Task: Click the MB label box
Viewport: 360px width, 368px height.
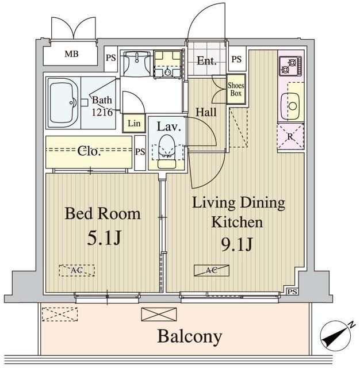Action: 71,55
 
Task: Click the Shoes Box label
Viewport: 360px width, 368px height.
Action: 236,89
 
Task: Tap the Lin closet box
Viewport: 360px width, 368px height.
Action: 133,122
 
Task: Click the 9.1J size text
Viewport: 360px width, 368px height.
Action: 238,244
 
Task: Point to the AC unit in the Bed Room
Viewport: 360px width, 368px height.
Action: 76,269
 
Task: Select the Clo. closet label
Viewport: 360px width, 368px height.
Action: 89,152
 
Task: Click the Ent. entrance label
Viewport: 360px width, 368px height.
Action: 206,60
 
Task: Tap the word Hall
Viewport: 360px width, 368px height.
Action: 206,112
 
